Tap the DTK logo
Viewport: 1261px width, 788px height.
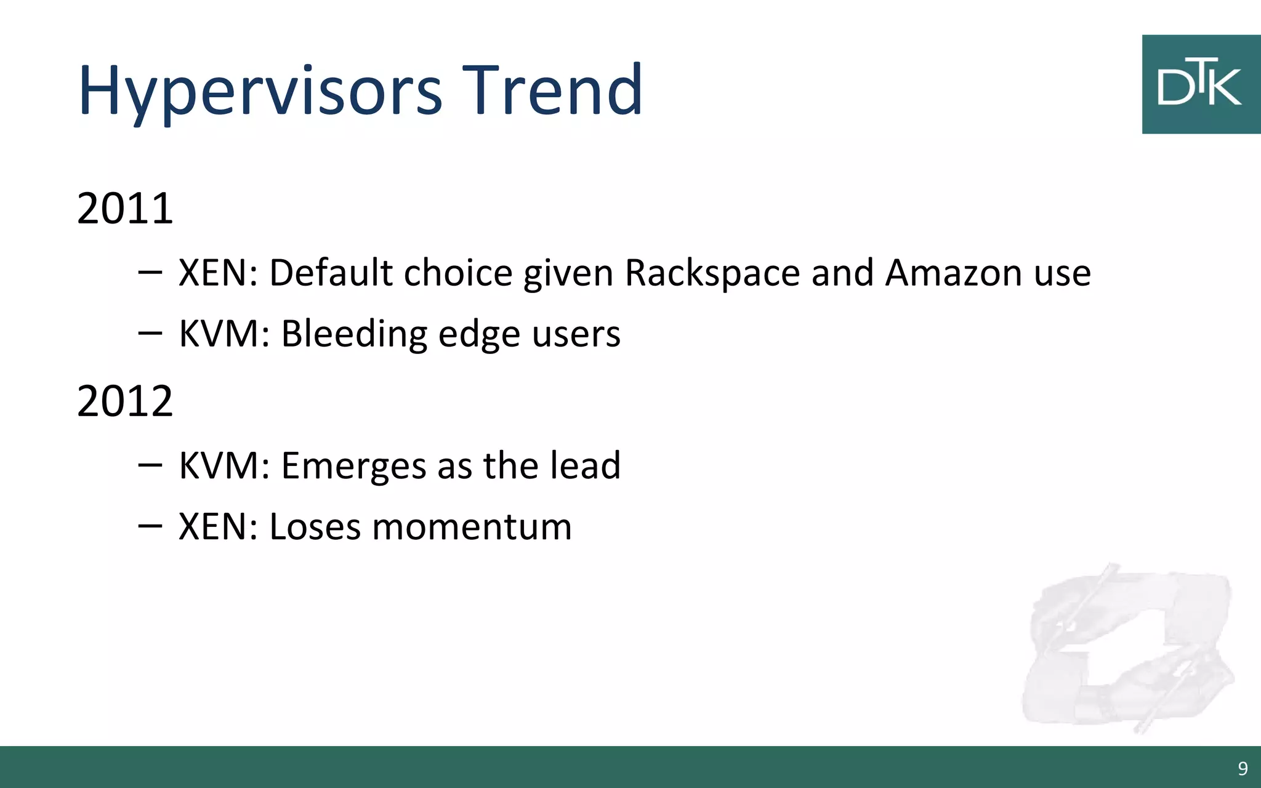pos(1200,84)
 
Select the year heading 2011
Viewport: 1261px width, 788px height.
pos(125,209)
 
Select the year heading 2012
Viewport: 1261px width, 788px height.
pos(125,401)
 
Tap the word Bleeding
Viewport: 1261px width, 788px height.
pos(354,334)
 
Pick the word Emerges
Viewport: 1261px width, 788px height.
pos(353,467)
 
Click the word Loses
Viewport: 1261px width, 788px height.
pos(315,528)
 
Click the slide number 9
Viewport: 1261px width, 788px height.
pos(1243,768)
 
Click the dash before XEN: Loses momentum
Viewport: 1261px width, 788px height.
pos(150,526)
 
